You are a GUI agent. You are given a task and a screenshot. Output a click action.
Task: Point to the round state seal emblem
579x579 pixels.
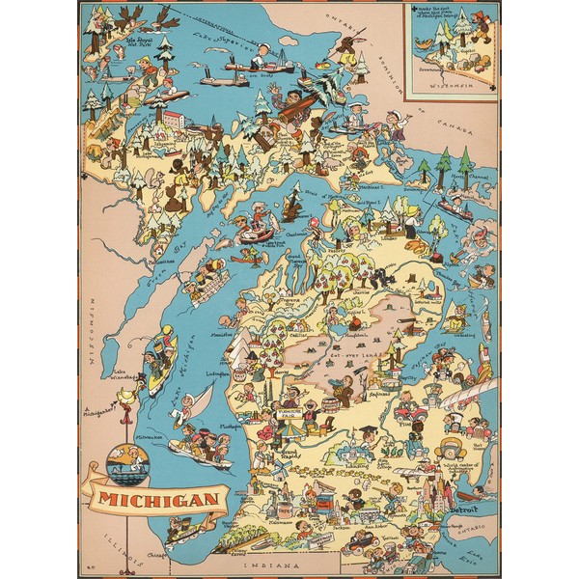click(x=127, y=464)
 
